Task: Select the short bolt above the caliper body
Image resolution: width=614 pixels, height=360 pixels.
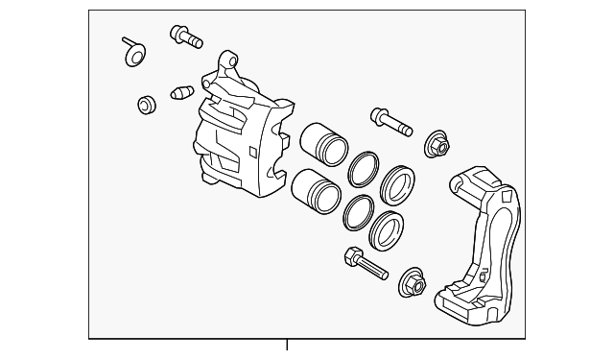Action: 186,37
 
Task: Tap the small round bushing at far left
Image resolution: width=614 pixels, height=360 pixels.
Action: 147,103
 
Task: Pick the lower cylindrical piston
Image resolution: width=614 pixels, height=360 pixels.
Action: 315,190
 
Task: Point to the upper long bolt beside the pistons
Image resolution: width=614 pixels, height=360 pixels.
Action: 389,123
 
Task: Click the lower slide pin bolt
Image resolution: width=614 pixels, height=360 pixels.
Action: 365,263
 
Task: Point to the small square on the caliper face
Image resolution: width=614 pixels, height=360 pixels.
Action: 251,150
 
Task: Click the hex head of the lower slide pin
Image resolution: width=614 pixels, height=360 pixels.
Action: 349,255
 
